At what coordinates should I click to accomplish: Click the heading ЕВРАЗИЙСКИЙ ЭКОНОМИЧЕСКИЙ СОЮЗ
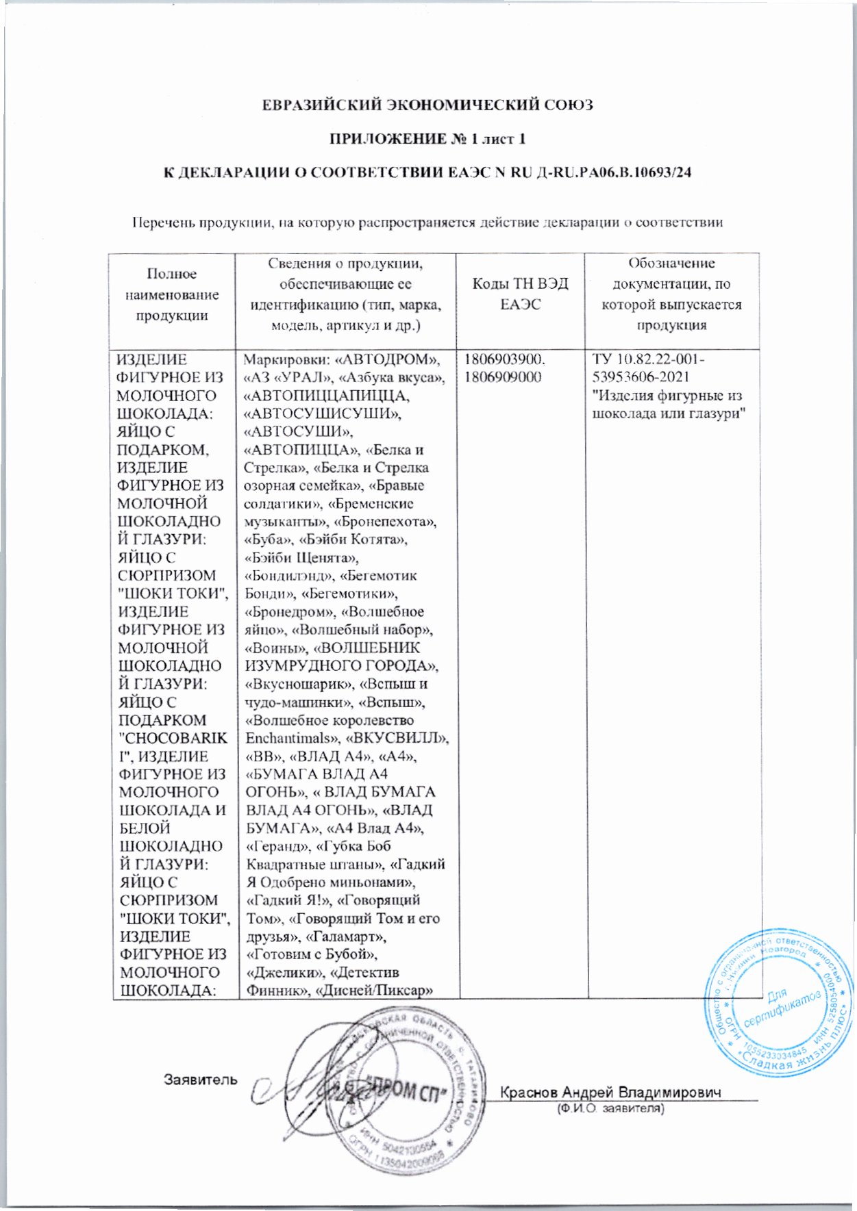pos(428,105)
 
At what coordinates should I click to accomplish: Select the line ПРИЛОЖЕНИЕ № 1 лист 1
pos(428,139)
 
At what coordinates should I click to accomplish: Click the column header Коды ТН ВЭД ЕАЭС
pos(520,294)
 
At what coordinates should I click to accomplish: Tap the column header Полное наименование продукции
pos(172,294)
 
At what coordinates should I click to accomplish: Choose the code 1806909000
pos(503,377)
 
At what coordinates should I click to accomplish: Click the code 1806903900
pos(505,359)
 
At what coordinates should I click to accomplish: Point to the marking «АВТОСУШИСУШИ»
pos(323,413)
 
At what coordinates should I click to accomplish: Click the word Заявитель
pos(201,1080)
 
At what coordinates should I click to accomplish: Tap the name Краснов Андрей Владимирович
pos(611,1092)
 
